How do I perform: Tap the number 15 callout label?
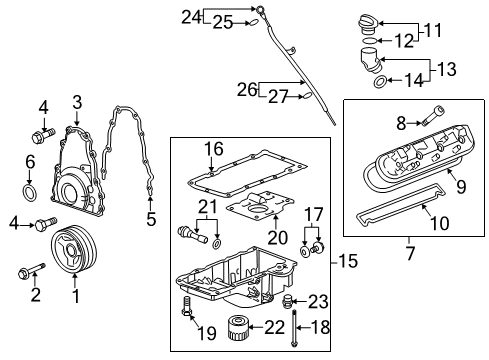pyautogui.click(x=346, y=262)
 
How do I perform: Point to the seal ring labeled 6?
pyautogui.click(x=31, y=190)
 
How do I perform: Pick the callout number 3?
pyautogui.click(x=77, y=101)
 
